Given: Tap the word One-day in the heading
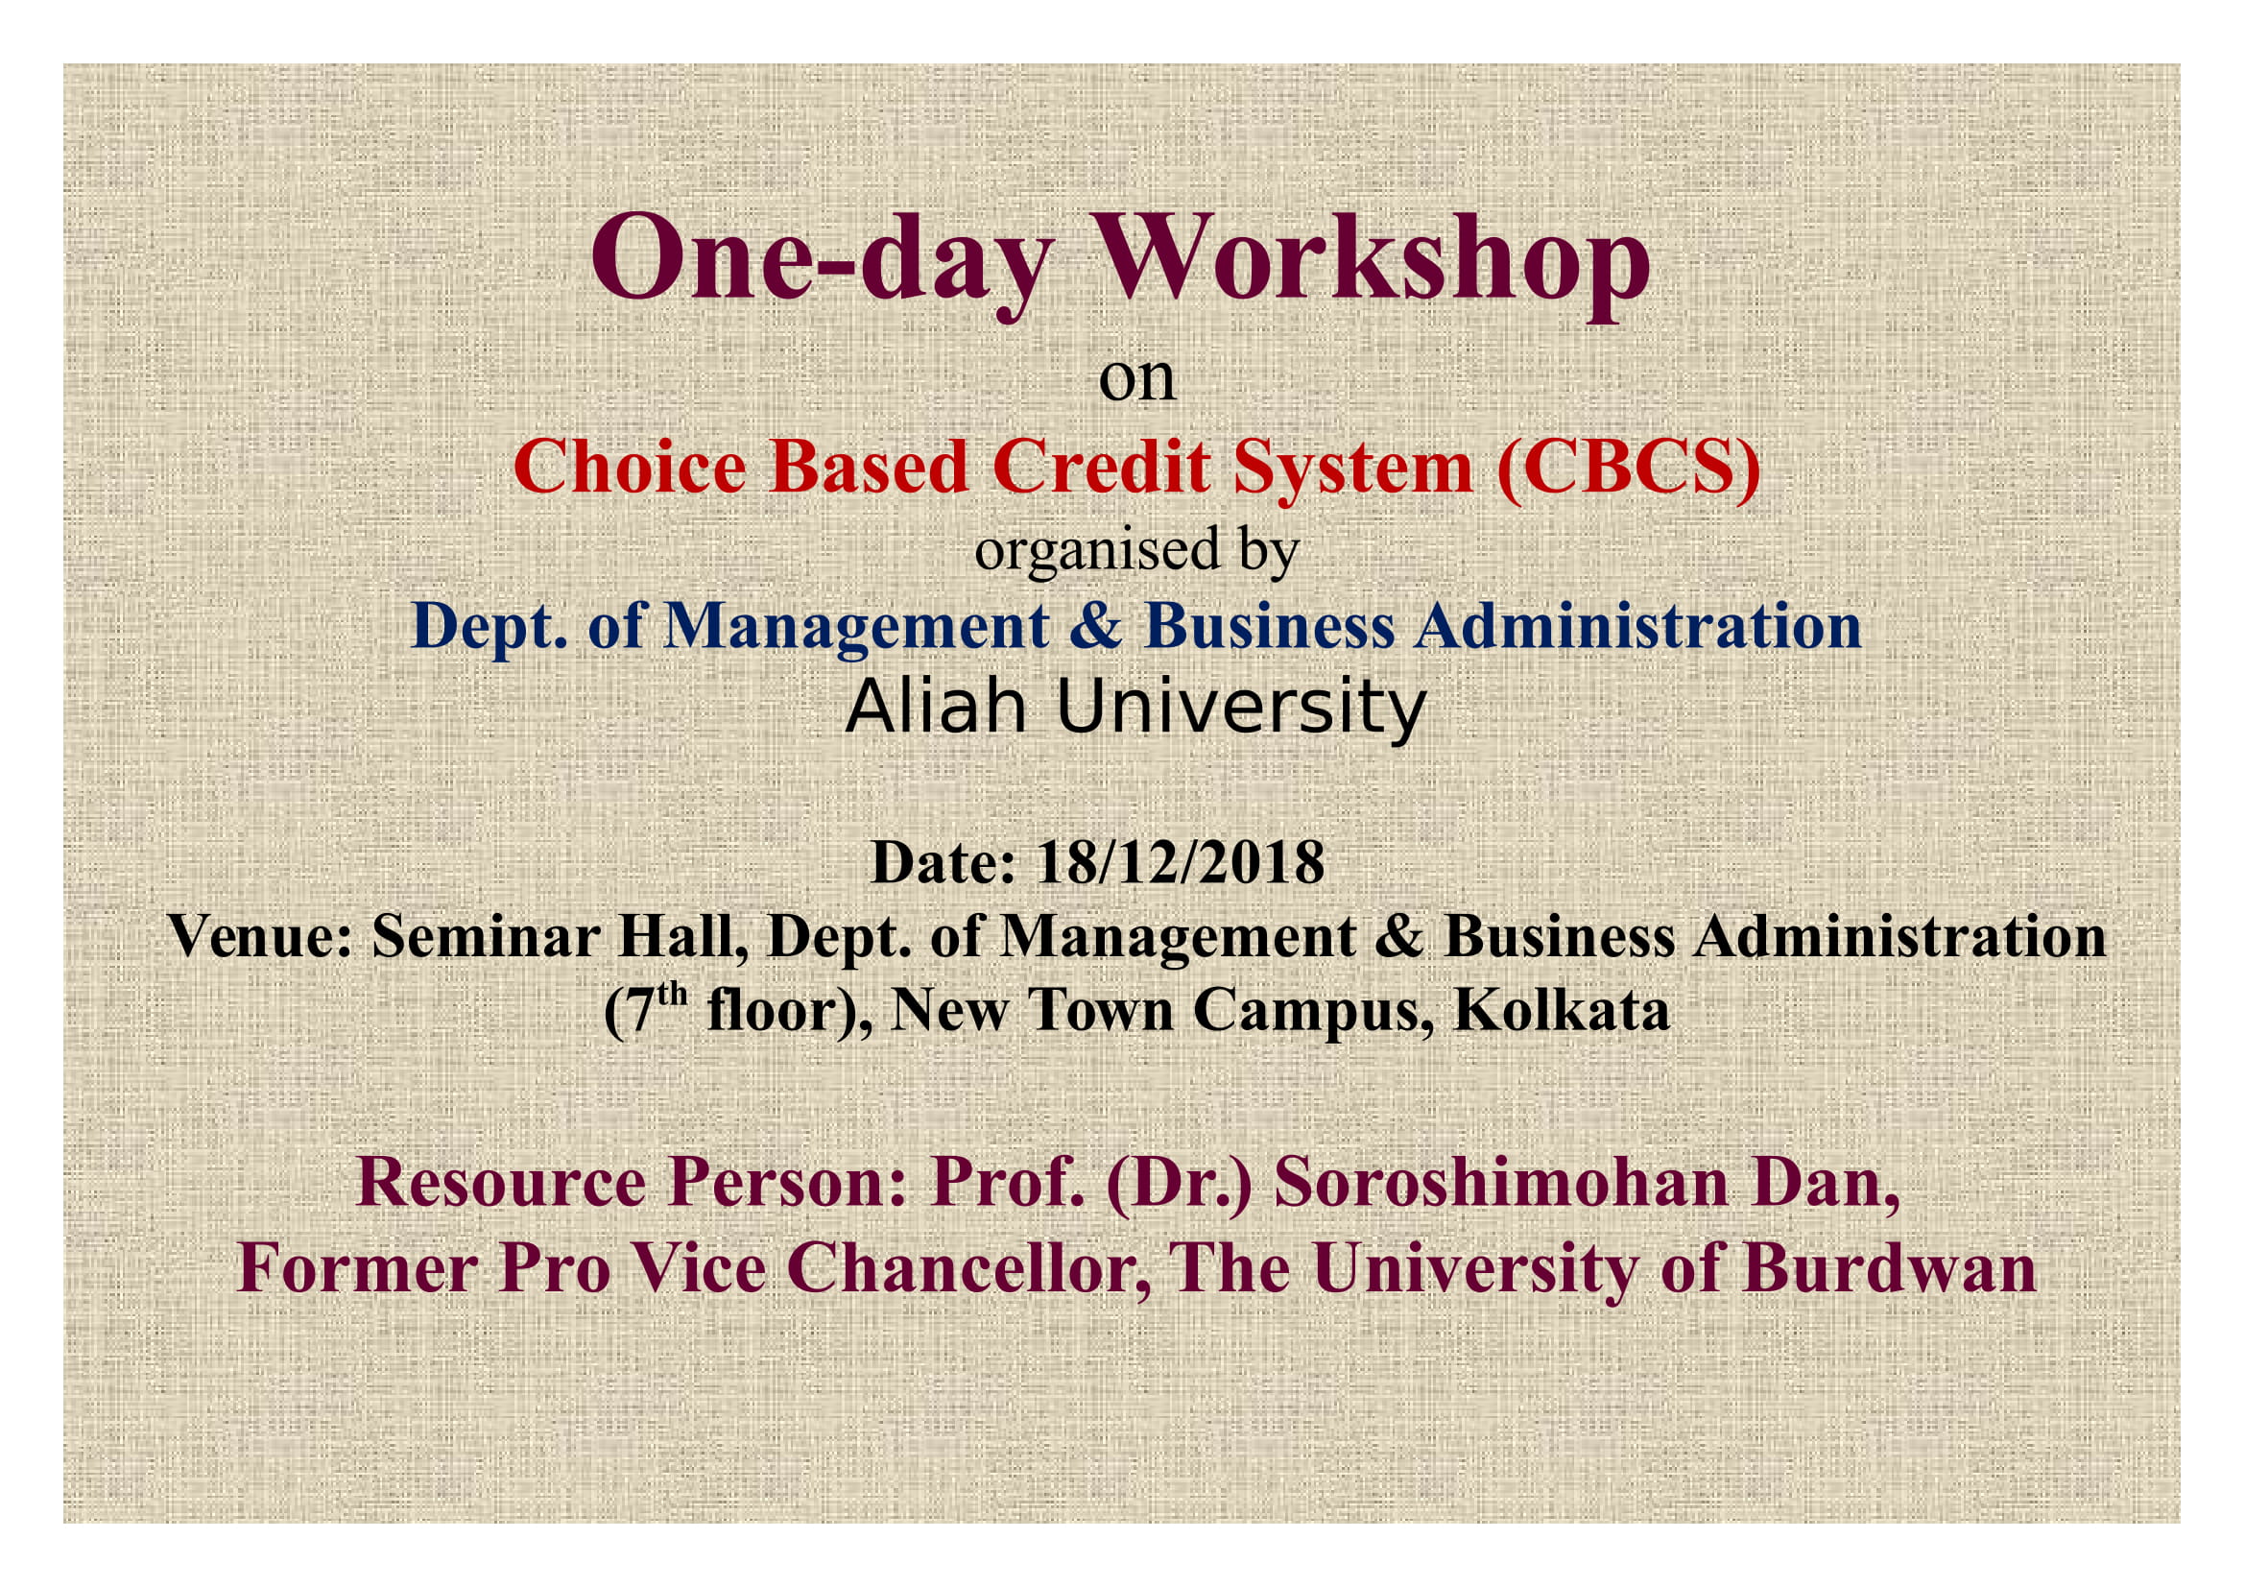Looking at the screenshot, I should (822, 262).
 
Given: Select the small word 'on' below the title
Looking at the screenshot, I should (1136, 379).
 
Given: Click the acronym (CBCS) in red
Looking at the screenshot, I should (1629, 468).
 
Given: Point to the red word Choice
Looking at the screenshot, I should (631, 468).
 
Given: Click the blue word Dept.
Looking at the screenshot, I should (489, 626).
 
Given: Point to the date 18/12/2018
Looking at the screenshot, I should (1180, 862).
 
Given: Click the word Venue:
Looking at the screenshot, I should (260, 937).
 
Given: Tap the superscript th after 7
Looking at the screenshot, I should (672, 996).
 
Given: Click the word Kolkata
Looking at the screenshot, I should (1562, 1011).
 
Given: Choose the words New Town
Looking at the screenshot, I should (1032, 1011).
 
